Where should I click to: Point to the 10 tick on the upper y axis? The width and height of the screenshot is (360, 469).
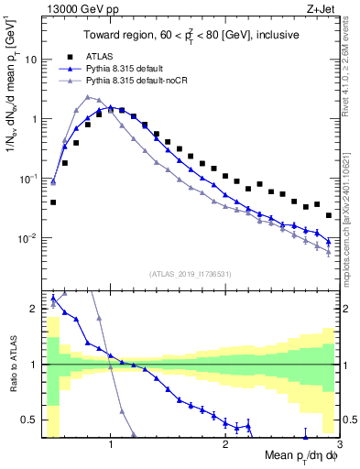(30, 60)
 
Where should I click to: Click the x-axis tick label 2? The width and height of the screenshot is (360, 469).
(225, 448)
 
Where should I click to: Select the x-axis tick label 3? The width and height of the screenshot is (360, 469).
(338, 448)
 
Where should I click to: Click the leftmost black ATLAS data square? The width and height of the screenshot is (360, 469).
(53, 202)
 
